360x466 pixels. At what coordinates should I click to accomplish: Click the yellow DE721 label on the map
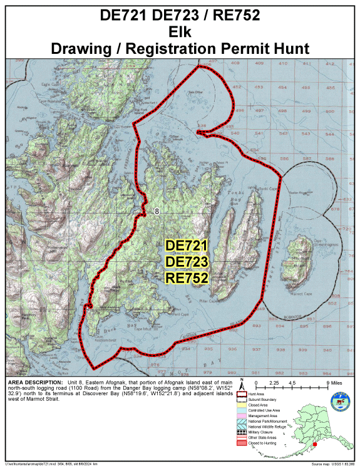pyautogui.click(x=186, y=246)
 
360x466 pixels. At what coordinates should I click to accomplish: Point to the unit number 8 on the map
pyautogui.click(x=157, y=212)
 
